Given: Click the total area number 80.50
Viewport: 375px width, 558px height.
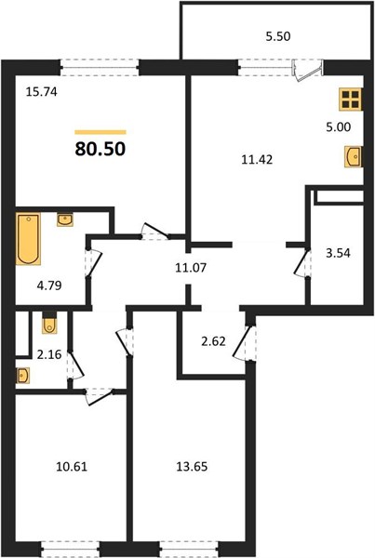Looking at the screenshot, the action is (100, 149).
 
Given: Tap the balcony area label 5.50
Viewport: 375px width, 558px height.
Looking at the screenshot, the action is (278, 36).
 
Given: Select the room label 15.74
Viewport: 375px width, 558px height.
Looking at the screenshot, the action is (42, 92).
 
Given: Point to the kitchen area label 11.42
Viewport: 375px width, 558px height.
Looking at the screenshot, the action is (257, 159).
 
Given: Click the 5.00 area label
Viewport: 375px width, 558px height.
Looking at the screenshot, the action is (339, 126).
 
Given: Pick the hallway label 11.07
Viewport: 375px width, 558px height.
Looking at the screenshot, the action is (191, 267).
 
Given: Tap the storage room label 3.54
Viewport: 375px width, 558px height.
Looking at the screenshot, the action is (339, 253).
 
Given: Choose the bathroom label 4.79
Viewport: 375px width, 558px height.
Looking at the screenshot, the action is (49, 286).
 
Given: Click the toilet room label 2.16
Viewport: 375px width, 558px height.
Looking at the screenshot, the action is (49, 354).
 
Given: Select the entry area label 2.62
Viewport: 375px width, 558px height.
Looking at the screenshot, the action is (213, 341).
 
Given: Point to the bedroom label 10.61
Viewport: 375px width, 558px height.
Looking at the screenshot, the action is (72, 466).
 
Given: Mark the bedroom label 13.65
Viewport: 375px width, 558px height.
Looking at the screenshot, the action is (192, 466).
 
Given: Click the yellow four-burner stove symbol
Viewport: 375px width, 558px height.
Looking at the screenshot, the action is (351, 99).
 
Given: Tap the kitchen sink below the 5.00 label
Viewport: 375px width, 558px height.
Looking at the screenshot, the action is (354, 156).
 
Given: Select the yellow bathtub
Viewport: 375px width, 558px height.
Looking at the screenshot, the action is (28, 239).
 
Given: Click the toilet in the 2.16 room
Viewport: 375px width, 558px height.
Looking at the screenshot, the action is (49, 323).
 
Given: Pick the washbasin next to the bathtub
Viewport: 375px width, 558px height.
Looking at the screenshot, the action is (65, 219).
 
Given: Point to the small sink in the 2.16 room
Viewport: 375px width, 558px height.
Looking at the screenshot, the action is (22, 376).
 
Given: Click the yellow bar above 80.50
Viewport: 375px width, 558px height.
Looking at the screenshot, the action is (100, 132).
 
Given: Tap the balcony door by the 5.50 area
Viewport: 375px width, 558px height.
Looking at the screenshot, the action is (307, 70).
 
